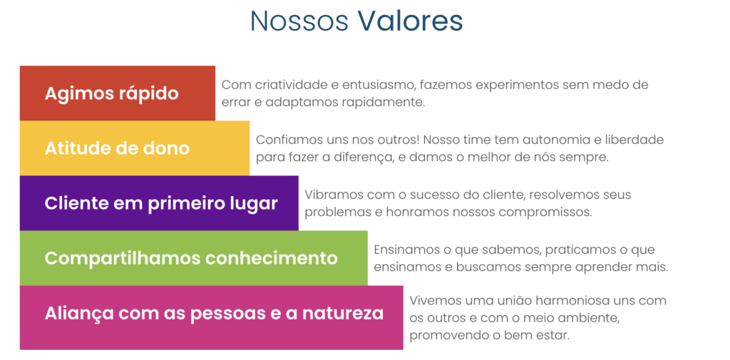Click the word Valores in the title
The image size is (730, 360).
pyautogui.click(x=410, y=21)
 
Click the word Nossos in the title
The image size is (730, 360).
pyautogui.click(x=299, y=21)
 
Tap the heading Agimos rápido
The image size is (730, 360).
pyautogui.click(x=111, y=93)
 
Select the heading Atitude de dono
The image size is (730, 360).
pyautogui.click(x=117, y=148)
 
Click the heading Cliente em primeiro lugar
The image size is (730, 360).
pyautogui.click(x=161, y=203)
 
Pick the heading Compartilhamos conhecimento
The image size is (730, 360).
pyautogui.click(x=191, y=257)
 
